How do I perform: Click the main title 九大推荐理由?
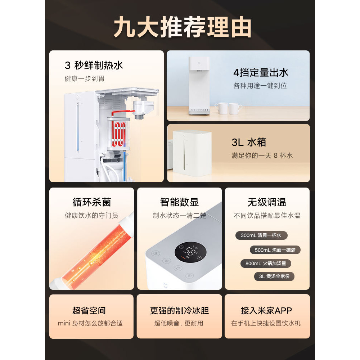tap(183, 27)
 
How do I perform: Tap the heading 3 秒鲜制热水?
tap(94, 65)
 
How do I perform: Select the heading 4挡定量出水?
tap(261, 72)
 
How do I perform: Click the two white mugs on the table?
tap(228, 108)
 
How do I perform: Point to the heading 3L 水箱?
tap(248, 142)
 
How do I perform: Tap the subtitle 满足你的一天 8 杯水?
tap(262, 156)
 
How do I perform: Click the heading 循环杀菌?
tap(91, 202)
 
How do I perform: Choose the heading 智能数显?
tap(179, 202)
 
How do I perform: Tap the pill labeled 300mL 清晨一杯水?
tap(261, 235)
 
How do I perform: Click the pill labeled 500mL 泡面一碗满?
tap(275, 250)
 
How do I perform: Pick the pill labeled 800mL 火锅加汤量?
tap(266, 264)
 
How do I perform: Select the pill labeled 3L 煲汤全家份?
tap(274, 276)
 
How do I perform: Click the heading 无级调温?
tap(267, 202)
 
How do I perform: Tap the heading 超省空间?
tap(89, 310)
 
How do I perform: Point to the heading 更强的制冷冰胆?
tap(179, 310)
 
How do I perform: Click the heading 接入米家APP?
tap(266, 310)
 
